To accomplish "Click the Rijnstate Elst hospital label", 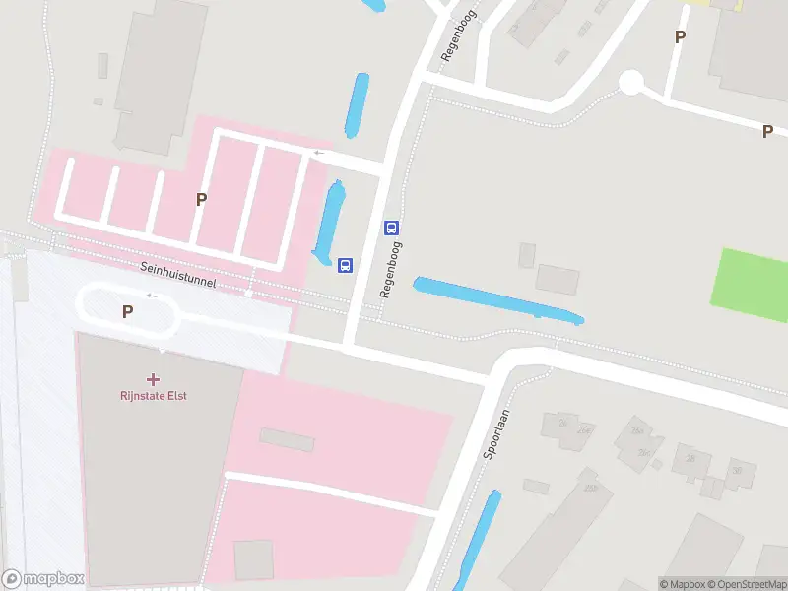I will tap(153, 396).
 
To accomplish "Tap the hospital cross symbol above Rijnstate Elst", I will tap(153, 379).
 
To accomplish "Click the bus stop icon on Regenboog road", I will tap(391, 228).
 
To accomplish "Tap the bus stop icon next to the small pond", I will tap(345, 265).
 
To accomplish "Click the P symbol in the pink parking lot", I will tap(201, 199).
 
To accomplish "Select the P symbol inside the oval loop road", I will tap(127, 312).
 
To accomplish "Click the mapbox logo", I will tap(43, 579).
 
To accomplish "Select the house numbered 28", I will tap(690, 458).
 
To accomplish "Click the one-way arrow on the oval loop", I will tap(152, 295).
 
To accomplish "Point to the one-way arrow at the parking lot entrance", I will tap(318, 153).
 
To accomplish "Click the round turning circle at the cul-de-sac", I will tap(631, 82).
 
